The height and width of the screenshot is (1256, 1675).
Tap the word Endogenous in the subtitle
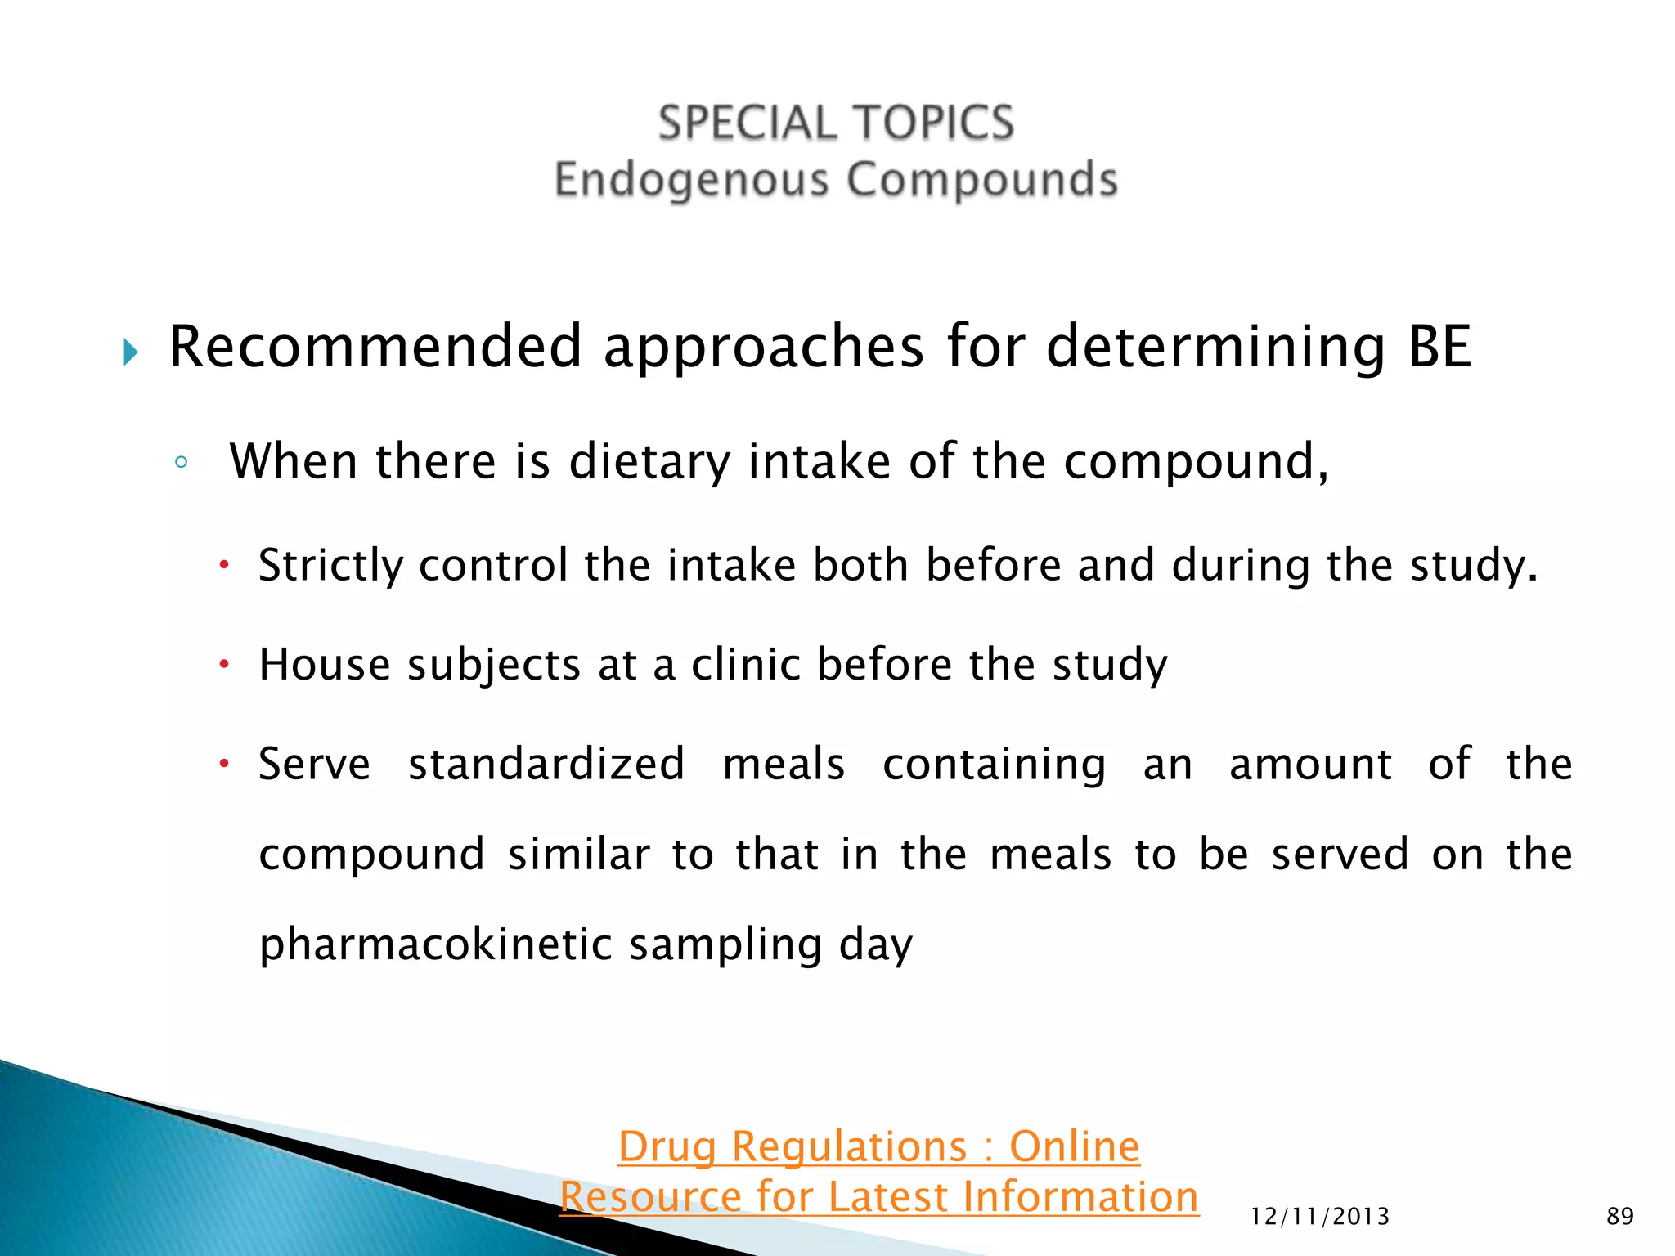tap(691, 180)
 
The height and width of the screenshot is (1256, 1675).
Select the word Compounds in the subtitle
tap(982, 180)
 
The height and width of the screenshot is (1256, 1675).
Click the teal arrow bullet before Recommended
tap(131, 352)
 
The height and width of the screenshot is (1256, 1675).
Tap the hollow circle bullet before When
tap(182, 463)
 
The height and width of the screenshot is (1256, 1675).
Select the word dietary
tap(649, 462)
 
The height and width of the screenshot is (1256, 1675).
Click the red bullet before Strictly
tap(223, 564)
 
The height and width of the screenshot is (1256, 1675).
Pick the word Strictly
tap(330, 566)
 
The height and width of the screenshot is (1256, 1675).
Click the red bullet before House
tap(223, 663)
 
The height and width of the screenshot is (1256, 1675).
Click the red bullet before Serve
tap(223, 764)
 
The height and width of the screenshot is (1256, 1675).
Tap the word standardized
tap(546, 765)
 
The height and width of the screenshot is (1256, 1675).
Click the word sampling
tap(725, 945)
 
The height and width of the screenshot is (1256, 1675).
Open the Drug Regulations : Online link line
tap(878, 1146)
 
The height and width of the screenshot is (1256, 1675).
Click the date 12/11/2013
tap(1320, 1217)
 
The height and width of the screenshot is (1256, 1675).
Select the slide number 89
tap(1620, 1217)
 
